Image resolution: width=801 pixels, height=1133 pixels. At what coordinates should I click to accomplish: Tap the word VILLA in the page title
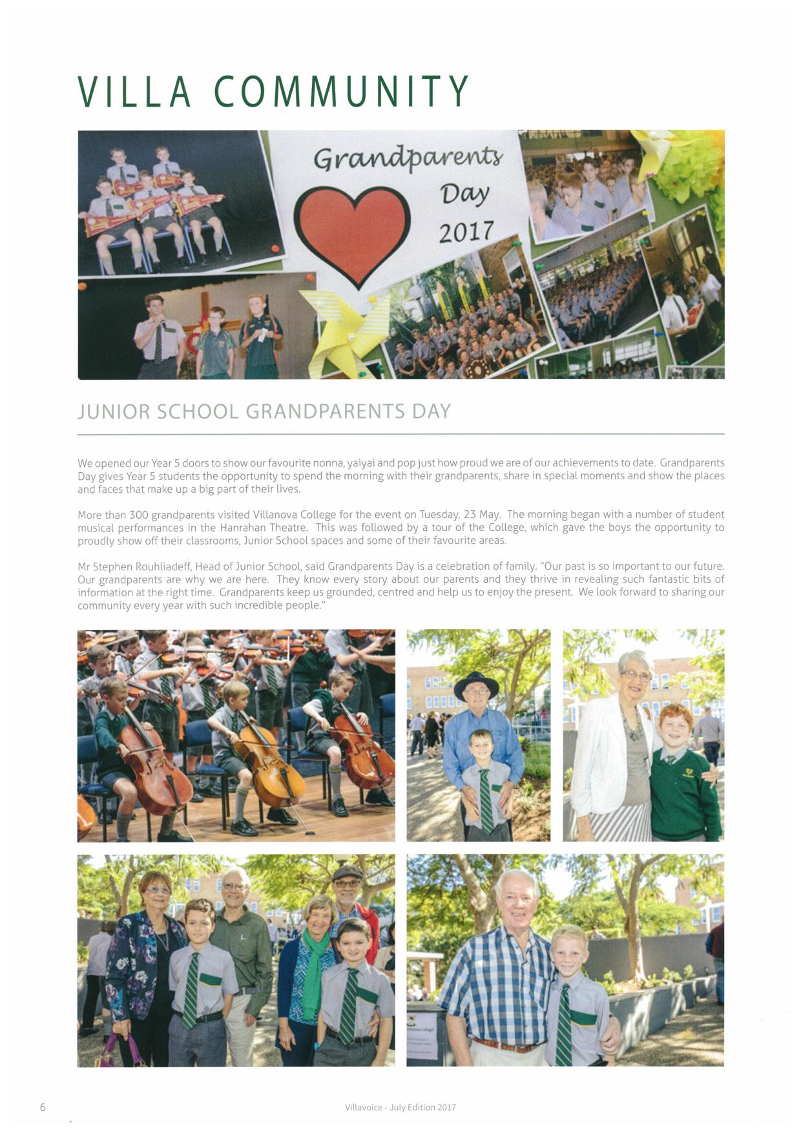click(x=135, y=92)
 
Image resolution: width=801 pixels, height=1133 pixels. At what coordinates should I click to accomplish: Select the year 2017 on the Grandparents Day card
click(x=466, y=232)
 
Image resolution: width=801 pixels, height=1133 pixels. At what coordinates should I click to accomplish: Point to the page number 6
click(x=43, y=1107)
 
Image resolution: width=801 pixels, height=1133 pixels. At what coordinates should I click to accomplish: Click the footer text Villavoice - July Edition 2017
click(x=400, y=1107)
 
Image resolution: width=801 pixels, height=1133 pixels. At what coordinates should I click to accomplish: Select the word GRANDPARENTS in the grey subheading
click(x=326, y=411)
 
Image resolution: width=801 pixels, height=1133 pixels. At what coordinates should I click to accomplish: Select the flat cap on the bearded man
click(x=348, y=873)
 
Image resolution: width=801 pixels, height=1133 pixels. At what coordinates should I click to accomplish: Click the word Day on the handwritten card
click(x=464, y=193)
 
